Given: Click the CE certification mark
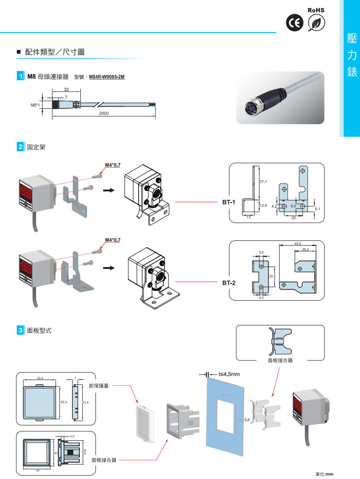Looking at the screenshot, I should (294, 24).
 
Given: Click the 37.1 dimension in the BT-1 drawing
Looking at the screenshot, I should (262, 182).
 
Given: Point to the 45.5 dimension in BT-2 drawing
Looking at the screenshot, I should (298, 243).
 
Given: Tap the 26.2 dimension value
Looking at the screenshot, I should (305, 250).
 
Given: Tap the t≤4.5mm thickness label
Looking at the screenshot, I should (229, 374).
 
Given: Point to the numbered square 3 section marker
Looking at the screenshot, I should (21, 331).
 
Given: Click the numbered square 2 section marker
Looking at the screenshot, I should (21, 147).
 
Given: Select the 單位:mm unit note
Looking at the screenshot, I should (325, 474).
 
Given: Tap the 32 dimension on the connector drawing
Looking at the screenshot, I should (66, 89).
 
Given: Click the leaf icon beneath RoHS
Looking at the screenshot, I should (317, 24).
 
